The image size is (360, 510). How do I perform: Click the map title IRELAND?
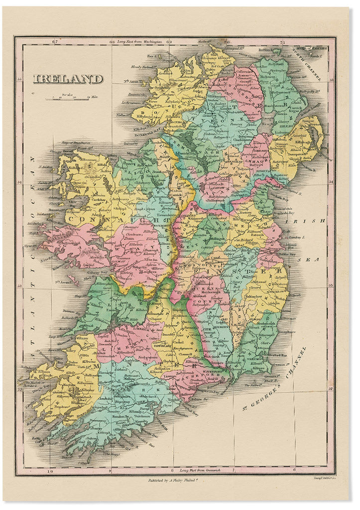point(68,79)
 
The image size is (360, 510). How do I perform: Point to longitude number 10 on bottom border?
point(49,470)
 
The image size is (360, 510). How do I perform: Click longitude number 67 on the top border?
point(56,42)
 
